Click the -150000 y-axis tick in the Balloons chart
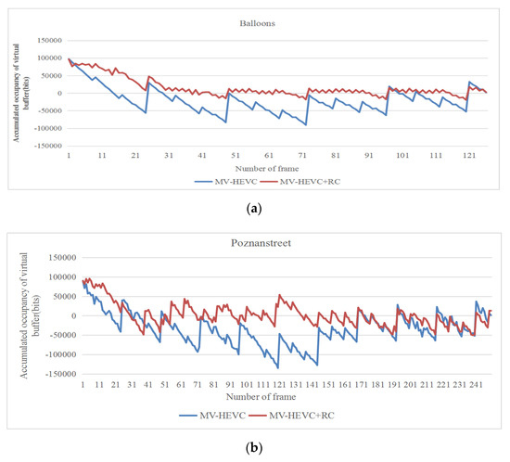tap(44, 146)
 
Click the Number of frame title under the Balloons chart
tap(263, 168)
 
